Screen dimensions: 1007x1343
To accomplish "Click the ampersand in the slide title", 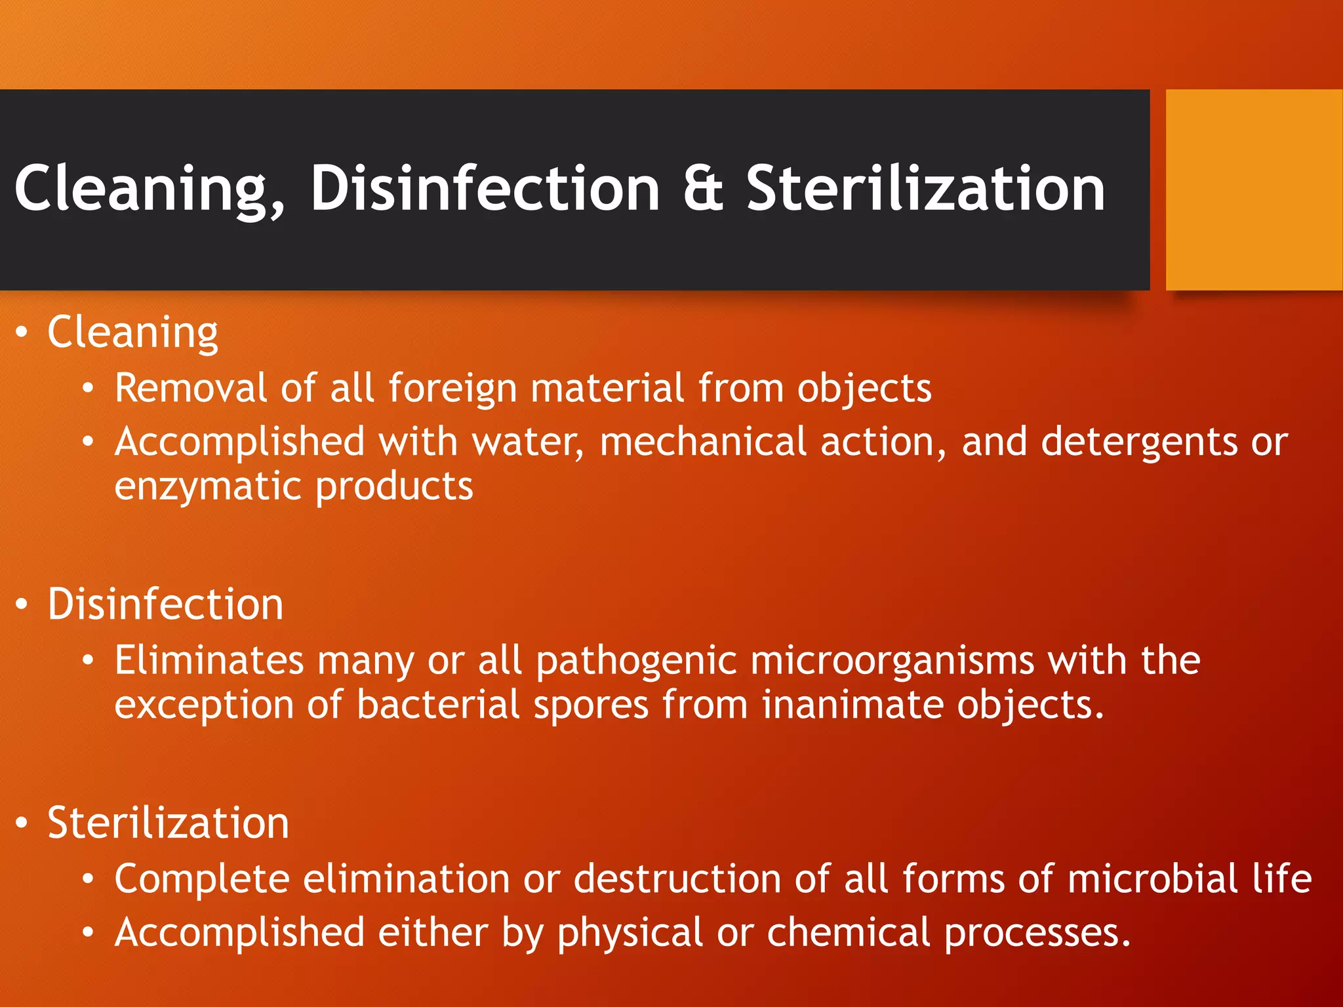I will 703,189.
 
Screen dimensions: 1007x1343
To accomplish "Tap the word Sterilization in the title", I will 926,189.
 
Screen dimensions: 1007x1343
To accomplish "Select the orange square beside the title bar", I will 1254,189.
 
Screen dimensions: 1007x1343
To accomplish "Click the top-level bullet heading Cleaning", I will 132,333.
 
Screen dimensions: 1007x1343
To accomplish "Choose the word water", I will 527,442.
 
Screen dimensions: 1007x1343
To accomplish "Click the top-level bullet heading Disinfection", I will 165,604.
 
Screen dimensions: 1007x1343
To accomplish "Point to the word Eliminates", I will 209,660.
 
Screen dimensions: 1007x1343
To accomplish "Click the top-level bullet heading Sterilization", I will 168,823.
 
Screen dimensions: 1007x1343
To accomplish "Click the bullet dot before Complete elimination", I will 89,880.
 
